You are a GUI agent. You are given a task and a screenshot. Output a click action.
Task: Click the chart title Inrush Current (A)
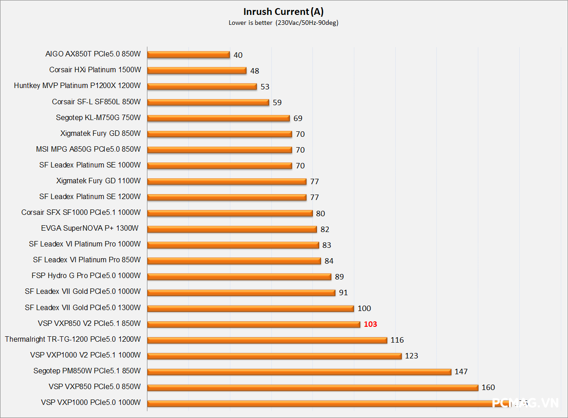click(x=283, y=12)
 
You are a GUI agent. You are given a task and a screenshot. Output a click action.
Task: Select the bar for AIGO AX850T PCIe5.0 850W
click(x=188, y=55)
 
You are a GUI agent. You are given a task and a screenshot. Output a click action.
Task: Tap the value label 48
click(x=255, y=71)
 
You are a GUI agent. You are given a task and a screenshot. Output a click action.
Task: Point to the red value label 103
click(x=370, y=324)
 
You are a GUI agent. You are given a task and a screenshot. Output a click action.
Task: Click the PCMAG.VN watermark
click(x=525, y=403)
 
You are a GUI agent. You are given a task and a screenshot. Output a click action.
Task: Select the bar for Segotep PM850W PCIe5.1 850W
click(x=299, y=372)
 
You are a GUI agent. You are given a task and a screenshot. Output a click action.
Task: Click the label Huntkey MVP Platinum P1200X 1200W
click(x=77, y=86)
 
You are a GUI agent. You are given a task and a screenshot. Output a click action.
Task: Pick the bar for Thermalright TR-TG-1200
click(x=267, y=340)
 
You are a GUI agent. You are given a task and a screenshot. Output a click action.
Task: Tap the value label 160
click(x=488, y=387)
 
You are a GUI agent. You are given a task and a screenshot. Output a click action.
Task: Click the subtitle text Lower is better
click(x=250, y=23)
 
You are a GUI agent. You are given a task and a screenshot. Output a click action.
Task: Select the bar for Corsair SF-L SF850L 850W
click(x=208, y=102)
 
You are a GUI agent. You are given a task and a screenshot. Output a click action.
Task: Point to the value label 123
click(x=411, y=356)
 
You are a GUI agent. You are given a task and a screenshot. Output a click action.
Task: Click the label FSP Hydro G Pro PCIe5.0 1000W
click(x=86, y=276)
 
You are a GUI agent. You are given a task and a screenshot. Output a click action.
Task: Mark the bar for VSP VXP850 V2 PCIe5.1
click(x=253, y=324)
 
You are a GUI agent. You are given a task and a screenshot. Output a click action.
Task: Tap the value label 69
click(x=298, y=118)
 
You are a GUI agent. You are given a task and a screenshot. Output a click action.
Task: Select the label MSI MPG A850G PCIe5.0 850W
click(x=88, y=149)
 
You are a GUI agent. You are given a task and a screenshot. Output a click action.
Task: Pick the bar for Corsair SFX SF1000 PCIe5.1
click(x=230, y=213)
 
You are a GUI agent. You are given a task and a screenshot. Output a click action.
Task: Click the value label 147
click(x=461, y=372)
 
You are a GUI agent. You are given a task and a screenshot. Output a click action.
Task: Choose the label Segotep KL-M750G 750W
click(x=98, y=118)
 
